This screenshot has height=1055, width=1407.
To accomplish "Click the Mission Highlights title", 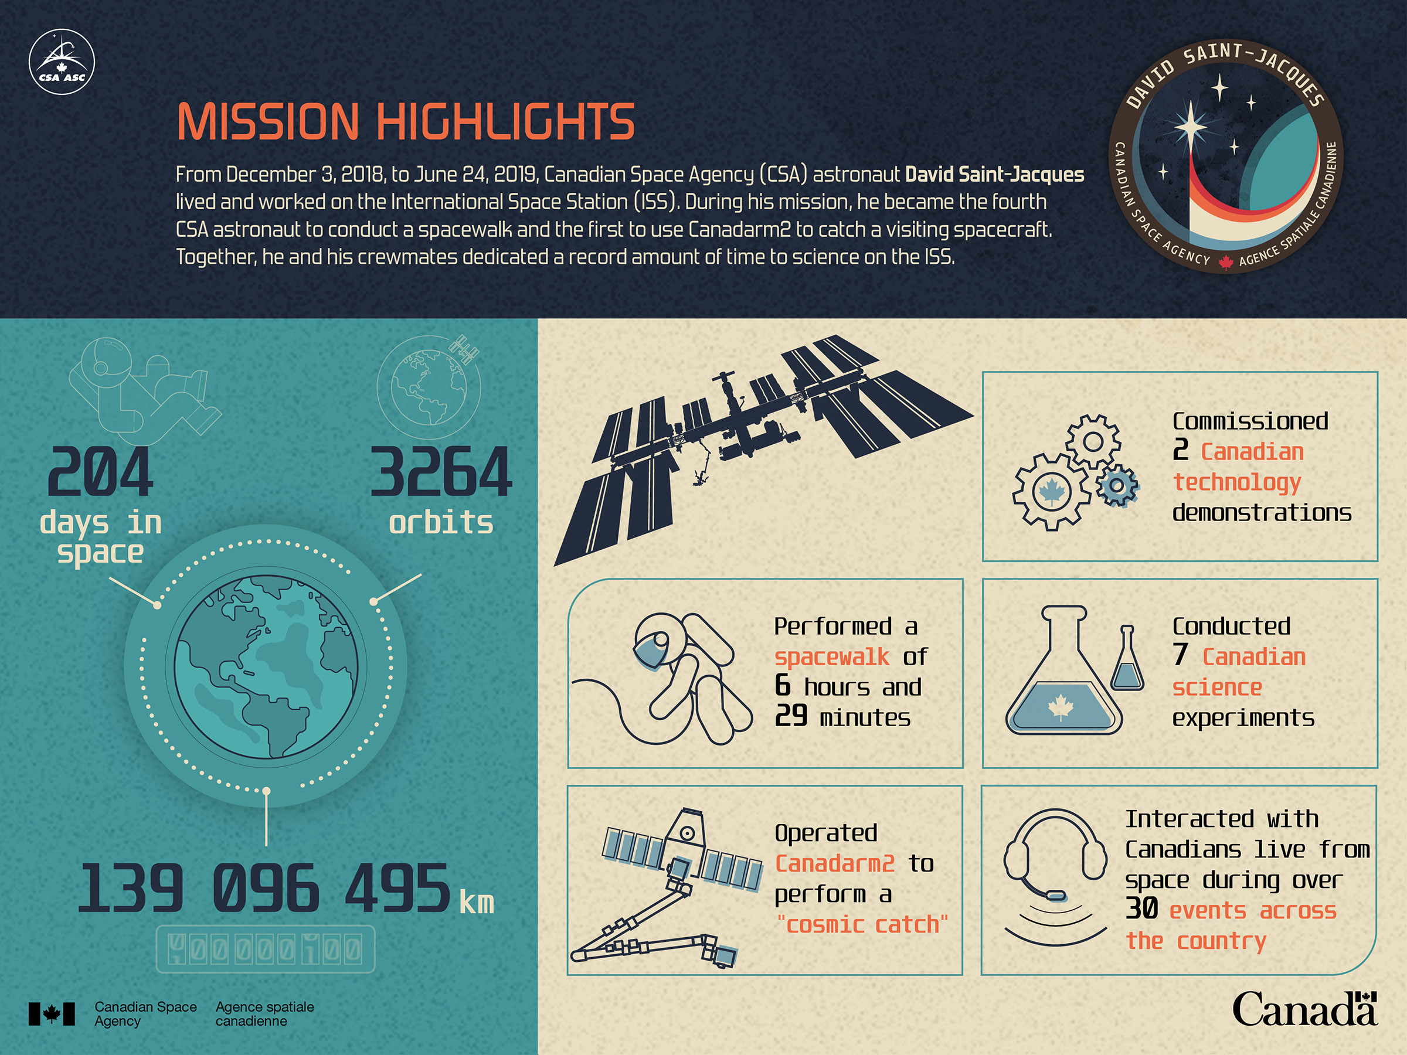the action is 406,121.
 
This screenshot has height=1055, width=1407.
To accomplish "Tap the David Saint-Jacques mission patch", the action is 1226,157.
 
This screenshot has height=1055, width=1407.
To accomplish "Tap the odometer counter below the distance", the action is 265,949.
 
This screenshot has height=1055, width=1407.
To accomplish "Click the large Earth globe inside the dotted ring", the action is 266,666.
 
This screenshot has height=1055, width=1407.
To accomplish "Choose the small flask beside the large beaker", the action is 1127,658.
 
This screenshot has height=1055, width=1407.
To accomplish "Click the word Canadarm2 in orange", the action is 835,863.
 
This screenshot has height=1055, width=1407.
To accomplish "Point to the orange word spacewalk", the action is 832,657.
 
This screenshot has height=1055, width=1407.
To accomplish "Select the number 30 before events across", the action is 1142,908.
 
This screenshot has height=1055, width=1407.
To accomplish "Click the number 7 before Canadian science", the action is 1181,655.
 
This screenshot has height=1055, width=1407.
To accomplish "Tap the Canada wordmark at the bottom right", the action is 1304,1009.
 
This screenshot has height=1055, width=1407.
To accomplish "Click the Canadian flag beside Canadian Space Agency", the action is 52,1013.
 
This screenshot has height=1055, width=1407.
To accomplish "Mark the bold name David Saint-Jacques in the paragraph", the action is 994,174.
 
